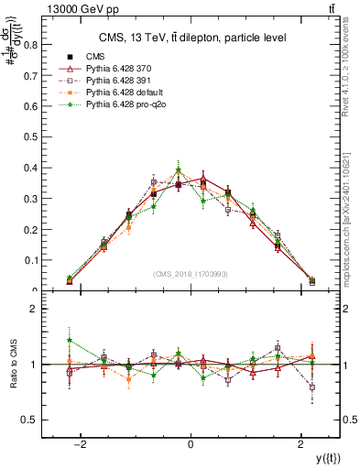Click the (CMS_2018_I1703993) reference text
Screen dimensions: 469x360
point(190,274)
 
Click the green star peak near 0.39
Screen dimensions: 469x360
point(179,169)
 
